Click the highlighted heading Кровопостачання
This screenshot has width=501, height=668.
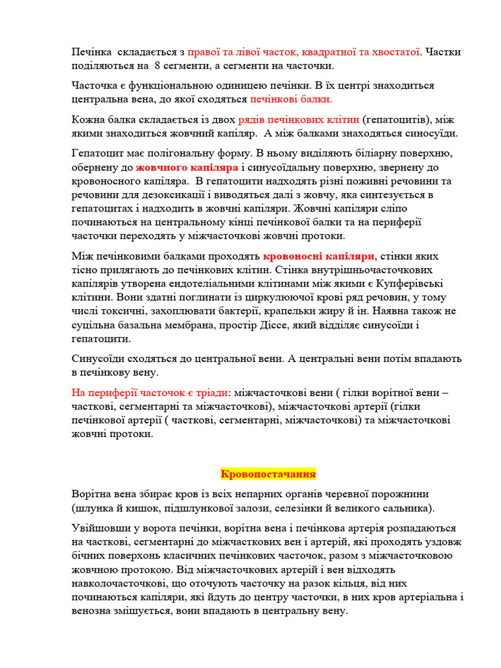pos(268,474)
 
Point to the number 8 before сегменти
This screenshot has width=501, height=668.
pos(157,66)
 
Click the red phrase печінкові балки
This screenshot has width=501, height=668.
pos(291,100)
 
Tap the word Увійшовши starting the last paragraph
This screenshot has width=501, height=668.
pos(100,528)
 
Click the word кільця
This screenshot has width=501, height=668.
pos(341,584)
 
